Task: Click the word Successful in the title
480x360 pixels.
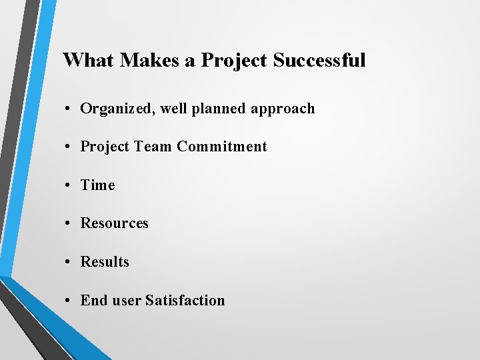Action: point(319,61)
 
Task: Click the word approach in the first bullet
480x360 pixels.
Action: point(283,109)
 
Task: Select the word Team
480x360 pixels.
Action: point(155,147)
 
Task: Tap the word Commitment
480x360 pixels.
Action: point(222,147)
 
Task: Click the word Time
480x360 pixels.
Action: point(98,185)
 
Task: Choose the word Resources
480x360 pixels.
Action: point(115,223)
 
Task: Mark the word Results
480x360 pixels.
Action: point(105,262)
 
